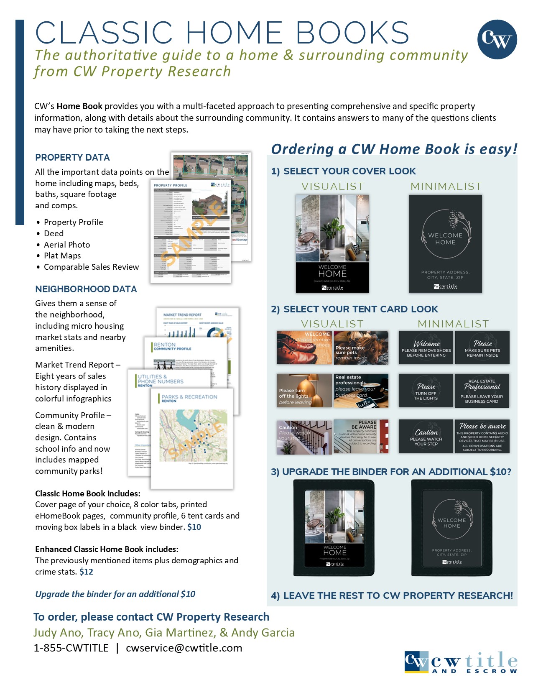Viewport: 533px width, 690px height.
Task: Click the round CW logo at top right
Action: [497, 39]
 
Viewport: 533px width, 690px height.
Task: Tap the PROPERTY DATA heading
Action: [72, 158]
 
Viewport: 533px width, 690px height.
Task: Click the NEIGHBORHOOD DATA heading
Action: [86, 289]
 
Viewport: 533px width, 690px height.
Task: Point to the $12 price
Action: [86, 572]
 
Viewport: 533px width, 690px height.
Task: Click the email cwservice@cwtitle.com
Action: [184, 648]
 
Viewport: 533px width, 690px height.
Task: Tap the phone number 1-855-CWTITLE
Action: [71, 648]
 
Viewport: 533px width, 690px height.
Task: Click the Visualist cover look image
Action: [332, 243]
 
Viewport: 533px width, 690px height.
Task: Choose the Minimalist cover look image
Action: [445, 243]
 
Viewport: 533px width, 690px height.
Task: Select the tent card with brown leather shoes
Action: [304, 348]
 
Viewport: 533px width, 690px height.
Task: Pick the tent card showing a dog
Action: [361, 348]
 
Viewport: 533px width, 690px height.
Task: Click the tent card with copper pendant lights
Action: [304, 391]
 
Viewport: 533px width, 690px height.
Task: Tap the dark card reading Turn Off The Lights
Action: [426, 391]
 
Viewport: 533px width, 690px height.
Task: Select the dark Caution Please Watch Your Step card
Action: [426, 436]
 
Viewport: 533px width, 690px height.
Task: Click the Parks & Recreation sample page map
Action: [193, 435]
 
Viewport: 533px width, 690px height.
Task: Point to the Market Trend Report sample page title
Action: [182, 315]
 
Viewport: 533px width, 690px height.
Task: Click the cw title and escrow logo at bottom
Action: [461, 662]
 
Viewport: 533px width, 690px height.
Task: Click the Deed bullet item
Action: [54, 233]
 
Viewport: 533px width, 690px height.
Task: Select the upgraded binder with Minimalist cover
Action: [451, 528]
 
